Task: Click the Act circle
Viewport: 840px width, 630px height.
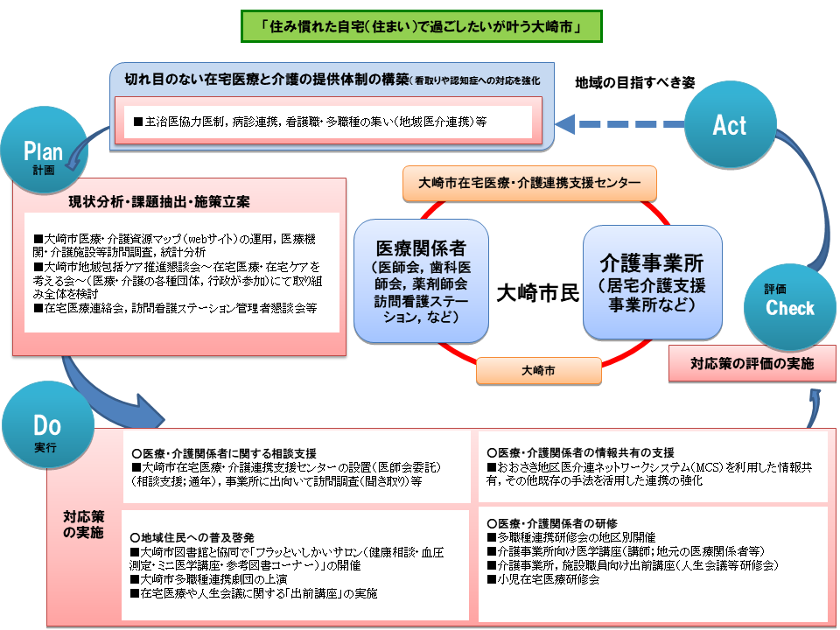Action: [729, 125]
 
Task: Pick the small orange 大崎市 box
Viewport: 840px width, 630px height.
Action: [537, 371]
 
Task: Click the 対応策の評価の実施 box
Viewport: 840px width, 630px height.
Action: [752, 363]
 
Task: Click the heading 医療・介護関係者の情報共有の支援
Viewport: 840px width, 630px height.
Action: [581, 453]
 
